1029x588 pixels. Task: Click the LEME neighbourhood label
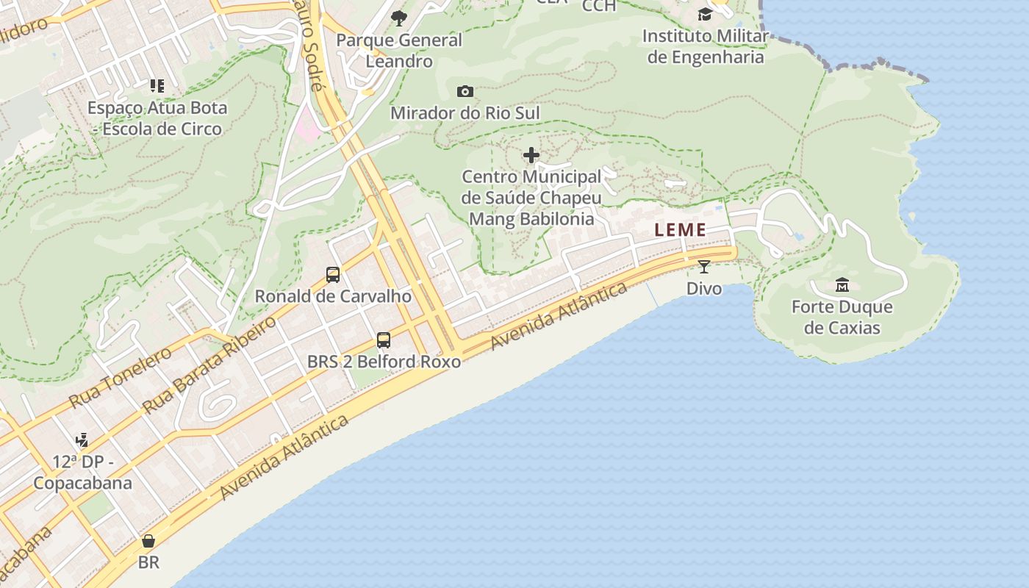(681, 229)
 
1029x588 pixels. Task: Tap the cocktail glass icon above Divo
(704, 267)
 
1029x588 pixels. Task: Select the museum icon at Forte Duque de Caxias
(842, 284)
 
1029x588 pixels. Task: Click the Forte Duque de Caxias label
(842, 317)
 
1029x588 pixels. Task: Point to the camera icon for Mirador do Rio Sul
(465, 92)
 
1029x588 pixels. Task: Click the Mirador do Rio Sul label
(465, 113)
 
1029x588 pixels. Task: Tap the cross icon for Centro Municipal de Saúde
(531, 155)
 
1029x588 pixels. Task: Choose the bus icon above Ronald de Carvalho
(333, 275)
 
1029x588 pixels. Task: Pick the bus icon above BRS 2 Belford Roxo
(384, 340)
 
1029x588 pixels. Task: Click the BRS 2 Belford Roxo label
(384, 362)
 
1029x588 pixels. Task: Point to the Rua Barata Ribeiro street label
(209, 365)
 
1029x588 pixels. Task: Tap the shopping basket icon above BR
(148, 542)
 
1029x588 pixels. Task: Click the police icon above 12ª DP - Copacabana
(82, 440)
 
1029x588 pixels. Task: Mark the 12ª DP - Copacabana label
(82, 473)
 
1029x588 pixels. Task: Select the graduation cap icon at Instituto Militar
(705, 15)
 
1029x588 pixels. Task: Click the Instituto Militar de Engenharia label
(705, 46)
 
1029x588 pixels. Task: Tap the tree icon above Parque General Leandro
(399, 18)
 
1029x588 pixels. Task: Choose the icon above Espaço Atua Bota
(157, 86)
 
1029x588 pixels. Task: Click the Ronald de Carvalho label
(333, 296)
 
